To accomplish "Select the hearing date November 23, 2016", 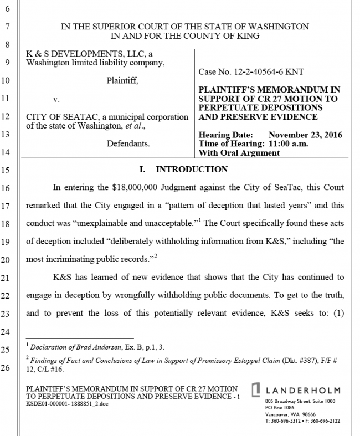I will (x=305, y=135).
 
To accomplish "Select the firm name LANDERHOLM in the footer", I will (x=303, y=391).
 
